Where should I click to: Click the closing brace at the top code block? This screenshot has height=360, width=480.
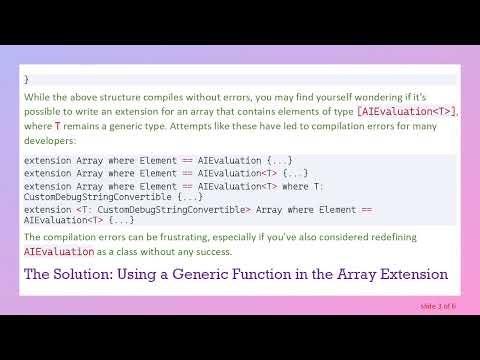27,78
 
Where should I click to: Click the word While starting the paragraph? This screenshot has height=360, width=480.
36,98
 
